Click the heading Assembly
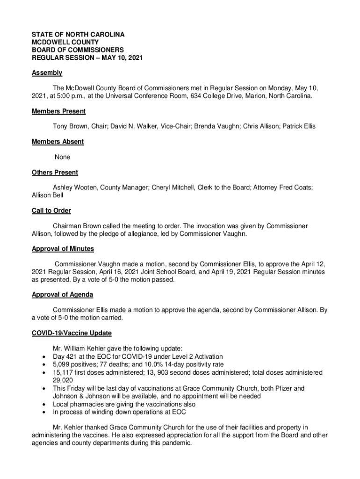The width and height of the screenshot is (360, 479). coord(47,73)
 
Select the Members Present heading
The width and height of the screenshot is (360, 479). coord(58,111)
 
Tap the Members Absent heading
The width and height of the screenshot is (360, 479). coord(58,142)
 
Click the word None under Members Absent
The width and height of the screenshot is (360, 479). coord(63,157)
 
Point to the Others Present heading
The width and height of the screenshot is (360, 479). coord(55,173)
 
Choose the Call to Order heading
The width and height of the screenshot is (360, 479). coord(51,210)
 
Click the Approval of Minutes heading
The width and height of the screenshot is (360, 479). coord(63,249)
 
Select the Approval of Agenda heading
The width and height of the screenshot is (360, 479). coord(62,294)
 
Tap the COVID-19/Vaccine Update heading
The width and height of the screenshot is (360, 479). coord(72,333)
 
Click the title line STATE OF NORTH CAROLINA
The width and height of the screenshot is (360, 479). coord(78,35)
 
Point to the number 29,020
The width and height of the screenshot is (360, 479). coord(63,380)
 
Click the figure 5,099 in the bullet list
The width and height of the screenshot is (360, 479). coord(63,364)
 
